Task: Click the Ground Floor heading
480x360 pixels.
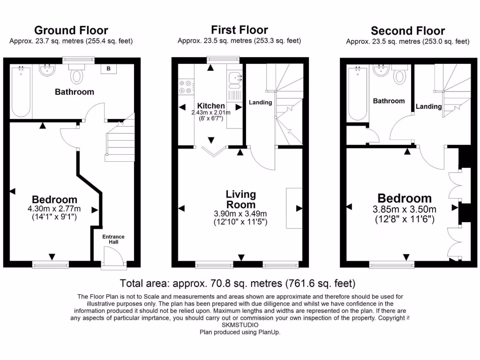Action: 71,30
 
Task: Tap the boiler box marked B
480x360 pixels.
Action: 109,69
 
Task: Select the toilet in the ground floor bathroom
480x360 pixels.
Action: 76,75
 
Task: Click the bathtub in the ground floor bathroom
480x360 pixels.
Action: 21,91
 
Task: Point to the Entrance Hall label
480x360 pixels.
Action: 114,239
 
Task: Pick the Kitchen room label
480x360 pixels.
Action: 211,106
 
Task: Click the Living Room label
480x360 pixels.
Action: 241,199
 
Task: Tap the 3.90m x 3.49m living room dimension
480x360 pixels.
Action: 240,214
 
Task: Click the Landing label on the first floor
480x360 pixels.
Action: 260,102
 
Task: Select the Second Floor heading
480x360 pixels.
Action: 408,31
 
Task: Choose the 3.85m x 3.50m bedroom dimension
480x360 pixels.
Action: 405,209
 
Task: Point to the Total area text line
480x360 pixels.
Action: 238,283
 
